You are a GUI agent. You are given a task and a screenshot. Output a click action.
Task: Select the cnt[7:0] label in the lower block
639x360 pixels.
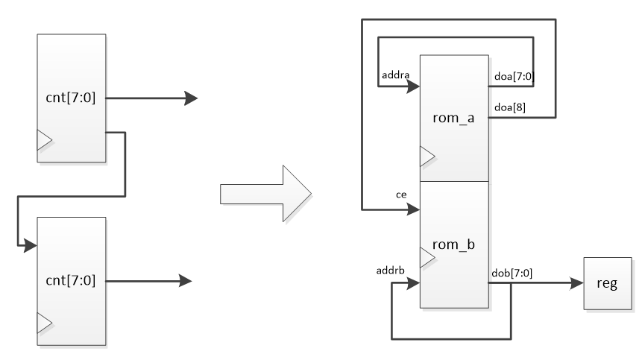[x=70, y=281]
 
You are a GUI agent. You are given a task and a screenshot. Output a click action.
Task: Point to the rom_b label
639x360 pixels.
[x=453, y=244]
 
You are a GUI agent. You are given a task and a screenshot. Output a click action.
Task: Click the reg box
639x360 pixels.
[x=608, y=284]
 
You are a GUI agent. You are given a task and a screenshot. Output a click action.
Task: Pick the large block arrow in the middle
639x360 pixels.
[x=266, y=194]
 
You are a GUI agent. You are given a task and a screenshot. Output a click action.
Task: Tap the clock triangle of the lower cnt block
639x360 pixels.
[x=44, y=322]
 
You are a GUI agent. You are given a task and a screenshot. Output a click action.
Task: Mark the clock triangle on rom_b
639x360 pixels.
[x=426, y=258]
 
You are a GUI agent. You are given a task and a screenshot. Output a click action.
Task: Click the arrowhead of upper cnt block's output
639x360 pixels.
[x=191, y=98]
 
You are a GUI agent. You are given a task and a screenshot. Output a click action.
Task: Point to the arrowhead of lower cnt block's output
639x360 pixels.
[x=185, y=281]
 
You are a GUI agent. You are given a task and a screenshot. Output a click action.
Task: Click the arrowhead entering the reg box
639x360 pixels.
[x=576, y=284]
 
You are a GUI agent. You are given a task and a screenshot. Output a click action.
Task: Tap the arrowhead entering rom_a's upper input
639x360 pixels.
[x=412, y=86]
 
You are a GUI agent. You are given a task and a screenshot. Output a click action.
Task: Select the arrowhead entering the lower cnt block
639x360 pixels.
[x=30, y=244]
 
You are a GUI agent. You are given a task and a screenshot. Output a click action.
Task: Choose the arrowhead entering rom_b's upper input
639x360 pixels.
[x=412, y=209]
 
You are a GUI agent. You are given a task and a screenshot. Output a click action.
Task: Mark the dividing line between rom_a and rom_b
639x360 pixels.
[x=453, y=181]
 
